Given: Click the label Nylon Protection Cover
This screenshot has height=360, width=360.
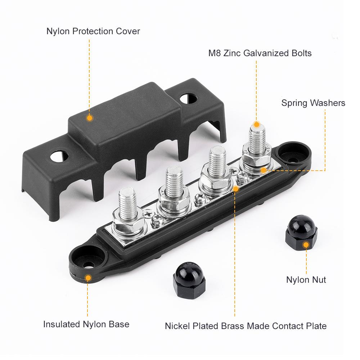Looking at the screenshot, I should pos(93,31).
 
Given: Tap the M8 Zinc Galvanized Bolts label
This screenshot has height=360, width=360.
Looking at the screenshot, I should pos(260,53).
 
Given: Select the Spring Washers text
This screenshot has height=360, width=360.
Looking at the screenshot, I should pos(313,103).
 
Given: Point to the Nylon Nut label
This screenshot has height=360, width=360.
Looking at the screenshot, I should pos(306,280).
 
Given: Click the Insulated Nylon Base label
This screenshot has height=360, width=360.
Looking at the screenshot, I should pos(86,324).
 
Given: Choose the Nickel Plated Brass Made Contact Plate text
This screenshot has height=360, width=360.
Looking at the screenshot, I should pos(246,326).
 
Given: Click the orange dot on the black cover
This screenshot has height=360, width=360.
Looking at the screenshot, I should pos(90,118).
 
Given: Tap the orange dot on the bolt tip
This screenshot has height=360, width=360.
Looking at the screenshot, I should pos(257,125).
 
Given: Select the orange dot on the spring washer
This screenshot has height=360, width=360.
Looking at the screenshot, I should pos(264,170).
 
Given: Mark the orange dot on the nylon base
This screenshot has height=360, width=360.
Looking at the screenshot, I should pos(87,278).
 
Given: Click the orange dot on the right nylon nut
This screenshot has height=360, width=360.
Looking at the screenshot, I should pos(306,245).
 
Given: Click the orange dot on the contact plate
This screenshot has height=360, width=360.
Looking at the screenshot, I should pos(236,188).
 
